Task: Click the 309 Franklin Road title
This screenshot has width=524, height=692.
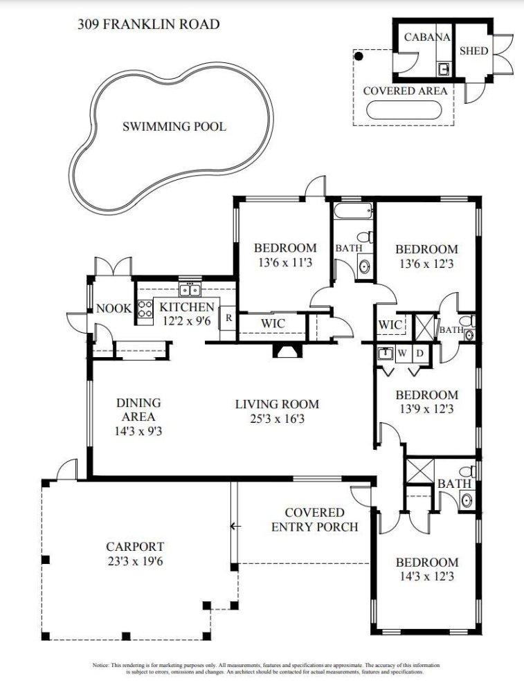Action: (x=148, y=24)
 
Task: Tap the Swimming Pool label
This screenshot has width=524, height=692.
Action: (x=174, y=127)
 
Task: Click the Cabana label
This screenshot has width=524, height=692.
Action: (x=427, y=37)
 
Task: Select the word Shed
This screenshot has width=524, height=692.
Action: (x=473, y=51)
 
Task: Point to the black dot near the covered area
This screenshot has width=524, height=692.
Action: (x=359, y=56)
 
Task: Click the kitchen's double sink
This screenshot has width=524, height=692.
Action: (x=190, y=290)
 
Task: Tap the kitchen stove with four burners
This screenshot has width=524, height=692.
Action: (x=145, y=309)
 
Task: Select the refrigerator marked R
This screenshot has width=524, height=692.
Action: (x=228, y=318)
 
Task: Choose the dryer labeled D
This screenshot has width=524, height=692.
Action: (x=419, y=354)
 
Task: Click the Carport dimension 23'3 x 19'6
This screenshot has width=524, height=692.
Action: (x=135, y=562)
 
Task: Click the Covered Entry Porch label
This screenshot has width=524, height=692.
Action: (x=314, y=520)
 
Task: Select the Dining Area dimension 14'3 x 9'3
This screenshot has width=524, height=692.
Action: (x=138, y=430)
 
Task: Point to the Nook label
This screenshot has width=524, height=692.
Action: (x=114, y=308)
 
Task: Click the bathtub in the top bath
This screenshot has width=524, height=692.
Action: (x=354, y=210)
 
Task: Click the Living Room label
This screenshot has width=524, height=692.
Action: (x=277, y=404)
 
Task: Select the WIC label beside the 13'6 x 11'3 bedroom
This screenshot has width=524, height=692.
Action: (x=272, y=323)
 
